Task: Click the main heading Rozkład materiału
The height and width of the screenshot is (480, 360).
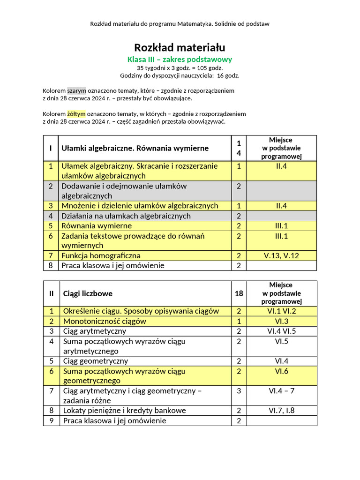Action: click(180, 47)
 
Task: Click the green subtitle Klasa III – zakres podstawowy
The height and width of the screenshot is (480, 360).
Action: click(180, 60)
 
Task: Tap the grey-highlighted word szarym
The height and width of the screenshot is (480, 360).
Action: click(76, 90)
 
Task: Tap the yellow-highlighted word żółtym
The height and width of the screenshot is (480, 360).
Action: click(76, 114)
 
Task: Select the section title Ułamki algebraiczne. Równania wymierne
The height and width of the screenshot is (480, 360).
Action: click(135, 148)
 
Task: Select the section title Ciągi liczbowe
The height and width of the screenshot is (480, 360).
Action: click(88, 293)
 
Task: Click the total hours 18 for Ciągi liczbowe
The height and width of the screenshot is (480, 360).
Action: click(239, 293)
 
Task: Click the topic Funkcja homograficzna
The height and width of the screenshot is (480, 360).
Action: click(101, 255)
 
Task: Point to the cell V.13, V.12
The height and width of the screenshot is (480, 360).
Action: click(281, 255)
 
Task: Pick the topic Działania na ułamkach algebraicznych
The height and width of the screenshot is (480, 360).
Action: click(126, 216)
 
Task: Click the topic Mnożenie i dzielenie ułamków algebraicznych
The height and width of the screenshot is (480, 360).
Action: click(140, 206)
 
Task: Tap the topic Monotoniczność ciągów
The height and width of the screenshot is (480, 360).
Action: click(105, 321)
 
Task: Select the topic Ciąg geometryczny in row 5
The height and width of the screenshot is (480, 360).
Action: click(96, 361)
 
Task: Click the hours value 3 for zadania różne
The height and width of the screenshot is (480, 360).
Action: click(239, 391)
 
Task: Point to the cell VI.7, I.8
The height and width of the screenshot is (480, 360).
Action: click(281, 411)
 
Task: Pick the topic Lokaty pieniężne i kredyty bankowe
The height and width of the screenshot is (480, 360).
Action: click(124, 411)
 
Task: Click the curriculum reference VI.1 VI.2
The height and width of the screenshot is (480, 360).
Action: click(281, 311)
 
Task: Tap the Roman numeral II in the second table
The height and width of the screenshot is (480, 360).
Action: click(51, 293)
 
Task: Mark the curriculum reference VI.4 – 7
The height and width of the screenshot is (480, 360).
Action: click(281, 391)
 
